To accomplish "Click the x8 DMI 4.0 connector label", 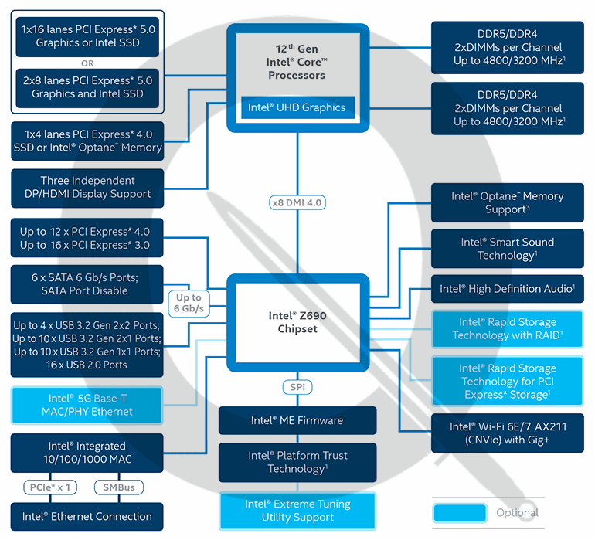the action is [297, 202].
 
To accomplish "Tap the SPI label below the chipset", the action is [297, 387].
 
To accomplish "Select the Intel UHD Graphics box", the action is [297, 107].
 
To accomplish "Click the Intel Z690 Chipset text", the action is [297, 322].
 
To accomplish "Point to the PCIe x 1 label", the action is [50, 487].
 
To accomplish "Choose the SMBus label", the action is [119, 487].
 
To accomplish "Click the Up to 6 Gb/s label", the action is [189, 303].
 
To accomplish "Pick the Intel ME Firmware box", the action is [297, 420].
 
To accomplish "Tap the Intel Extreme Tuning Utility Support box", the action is [297, 511].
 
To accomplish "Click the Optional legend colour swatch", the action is [460, 513].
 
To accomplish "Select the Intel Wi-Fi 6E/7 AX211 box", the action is [508, 433].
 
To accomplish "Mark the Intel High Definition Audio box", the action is [508, 289].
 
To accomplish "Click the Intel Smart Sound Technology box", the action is [508, 249].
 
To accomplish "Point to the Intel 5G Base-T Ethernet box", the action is [87, 406].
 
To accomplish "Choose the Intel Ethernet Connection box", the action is [87, 517].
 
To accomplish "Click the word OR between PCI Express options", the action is [87, 63].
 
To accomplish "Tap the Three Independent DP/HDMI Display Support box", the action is [87, 188].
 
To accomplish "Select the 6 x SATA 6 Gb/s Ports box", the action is [87, 284].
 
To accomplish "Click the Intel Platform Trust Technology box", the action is [297, 463].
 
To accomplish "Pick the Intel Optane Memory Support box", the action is [508, 202].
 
